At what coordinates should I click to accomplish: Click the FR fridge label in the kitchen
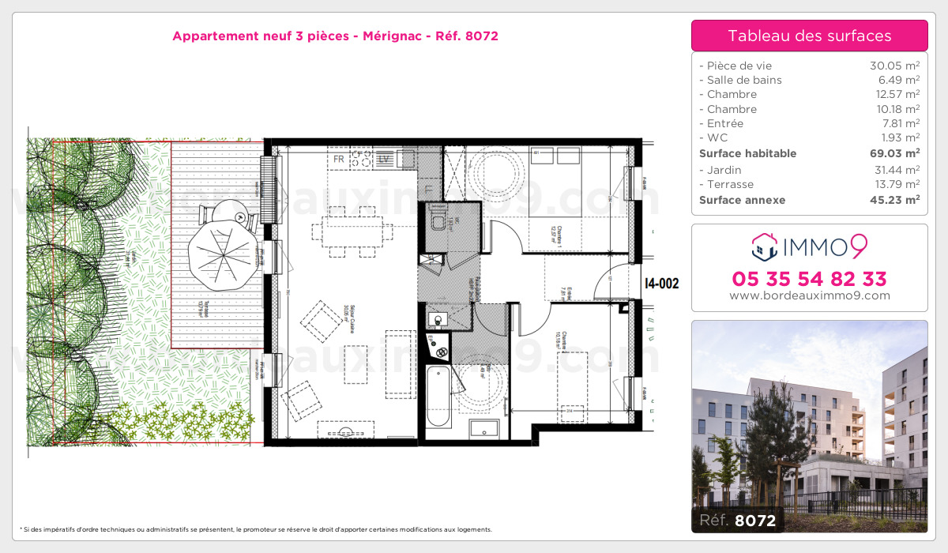pyautogui.click(x=339, y=159)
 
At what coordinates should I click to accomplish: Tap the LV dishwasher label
pyautogui.click(x=385, y=159)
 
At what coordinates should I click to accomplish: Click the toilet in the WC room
pyautogui.click(x=438, y=222)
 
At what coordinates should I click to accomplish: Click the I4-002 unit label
pyautogui.click(x=661, y=284)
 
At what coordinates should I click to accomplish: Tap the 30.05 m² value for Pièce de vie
pyautogui.click(x=894, y=66)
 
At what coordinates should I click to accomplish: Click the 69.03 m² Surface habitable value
pyautogui.click(x=894, y=153)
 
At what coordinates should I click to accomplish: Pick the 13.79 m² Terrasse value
pyautogui.click(x=894, y=184)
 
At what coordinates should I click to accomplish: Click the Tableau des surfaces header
pyautogui.click(x=809, y=36)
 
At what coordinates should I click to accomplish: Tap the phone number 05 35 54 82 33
pyautogui.click(x=809, y=279)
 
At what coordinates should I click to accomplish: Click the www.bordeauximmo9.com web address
pyautogui.click(x=809, y=296)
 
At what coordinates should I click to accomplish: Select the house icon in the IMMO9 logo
pyautogui.click(x=764, y=246)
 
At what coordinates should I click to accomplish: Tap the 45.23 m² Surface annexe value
pyautogui.click(x=894, y=200)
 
